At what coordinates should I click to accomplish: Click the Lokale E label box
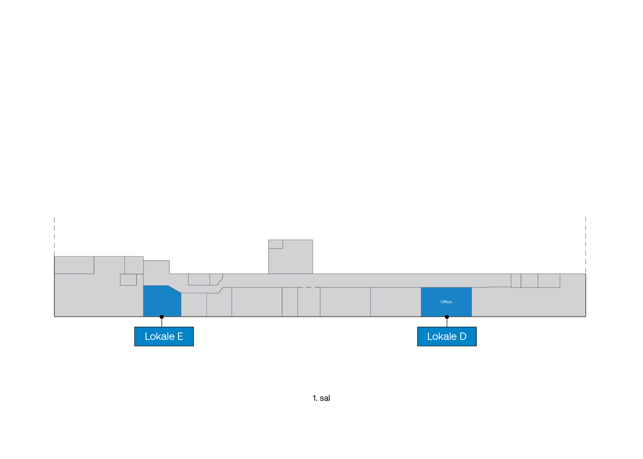164,336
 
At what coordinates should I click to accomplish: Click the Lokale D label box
447,336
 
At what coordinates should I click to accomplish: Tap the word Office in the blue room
446,302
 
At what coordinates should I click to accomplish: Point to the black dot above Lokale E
161,317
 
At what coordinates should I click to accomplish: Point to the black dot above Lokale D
447,317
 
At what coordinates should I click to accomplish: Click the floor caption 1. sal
321,398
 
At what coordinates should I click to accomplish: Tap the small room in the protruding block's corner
276,244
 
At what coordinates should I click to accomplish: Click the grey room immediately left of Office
395,302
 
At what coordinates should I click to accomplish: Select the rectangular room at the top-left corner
74,265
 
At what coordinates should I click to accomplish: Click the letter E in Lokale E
180,336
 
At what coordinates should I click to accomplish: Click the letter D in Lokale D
463,336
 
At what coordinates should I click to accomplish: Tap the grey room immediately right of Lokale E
194,305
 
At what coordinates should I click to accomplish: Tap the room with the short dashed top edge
309,302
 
